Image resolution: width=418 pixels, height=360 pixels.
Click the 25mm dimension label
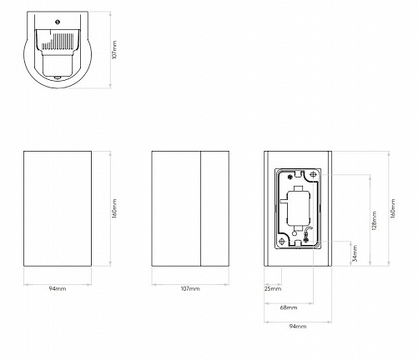[x=273, y=288]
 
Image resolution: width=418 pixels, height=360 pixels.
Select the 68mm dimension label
[x=289, y=307]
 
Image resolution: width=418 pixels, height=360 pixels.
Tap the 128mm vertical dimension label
[x=374, y=221]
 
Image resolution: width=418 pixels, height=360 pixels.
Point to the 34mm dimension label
[x=355, y=253]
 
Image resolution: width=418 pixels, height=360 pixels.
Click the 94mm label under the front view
[x=58, y=288]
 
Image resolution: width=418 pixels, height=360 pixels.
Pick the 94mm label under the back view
[x=298, y=327]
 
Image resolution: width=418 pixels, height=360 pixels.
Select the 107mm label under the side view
[x=190, y=288]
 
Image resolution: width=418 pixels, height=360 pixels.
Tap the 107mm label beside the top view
[x=114, y=49]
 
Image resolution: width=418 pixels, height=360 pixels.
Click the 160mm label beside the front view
[x=114, y=208]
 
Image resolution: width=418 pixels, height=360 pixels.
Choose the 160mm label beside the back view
[x=392, y=208]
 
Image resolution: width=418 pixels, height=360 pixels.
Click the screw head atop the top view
[x=58, y=22]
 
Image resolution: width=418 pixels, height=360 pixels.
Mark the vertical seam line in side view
[x=201, y=208]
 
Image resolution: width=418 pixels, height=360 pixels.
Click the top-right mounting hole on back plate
[x=314, y=175]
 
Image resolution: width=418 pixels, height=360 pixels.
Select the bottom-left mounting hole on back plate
[x=282, y=242]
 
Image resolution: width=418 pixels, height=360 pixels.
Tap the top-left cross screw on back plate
[x=290, y=176]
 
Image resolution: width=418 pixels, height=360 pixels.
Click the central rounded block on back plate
[x=297, y=208]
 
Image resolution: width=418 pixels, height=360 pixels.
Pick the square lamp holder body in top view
[x=58, y=66]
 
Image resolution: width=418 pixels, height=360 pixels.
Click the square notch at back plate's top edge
[x=298, y=174]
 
